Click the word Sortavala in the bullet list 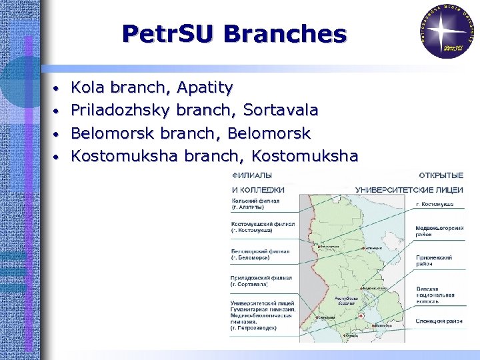(281, 110)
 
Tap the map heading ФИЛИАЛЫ (251, 175)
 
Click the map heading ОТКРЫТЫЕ (442, 175)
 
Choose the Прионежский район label (434, 261)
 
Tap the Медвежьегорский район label (439, 231)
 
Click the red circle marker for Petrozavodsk (360, 315)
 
